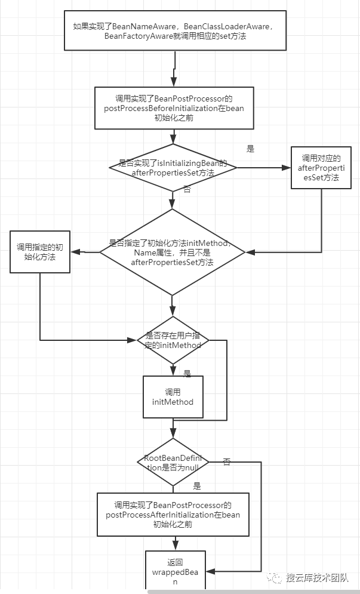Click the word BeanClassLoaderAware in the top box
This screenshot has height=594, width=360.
pyautogui.click(x=216, y=26)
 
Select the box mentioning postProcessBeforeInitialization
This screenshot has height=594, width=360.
pyautogui.click(x=174, y=108)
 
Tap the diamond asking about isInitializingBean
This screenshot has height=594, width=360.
pyautogui.click(x=173, y=168)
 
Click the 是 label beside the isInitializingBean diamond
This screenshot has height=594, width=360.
pyautogui.click(x=251, y=149)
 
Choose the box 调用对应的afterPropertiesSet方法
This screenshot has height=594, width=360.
pyautogui.click(x=321, y=168)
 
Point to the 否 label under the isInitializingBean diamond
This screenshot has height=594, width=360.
pyautogui.click(x=187, y=189)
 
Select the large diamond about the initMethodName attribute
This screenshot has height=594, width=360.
pyautogui.click(x=172, y=253)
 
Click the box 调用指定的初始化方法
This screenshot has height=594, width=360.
pyautogui.click(x=40, y=253)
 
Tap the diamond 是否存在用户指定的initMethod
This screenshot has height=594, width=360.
pyautogui.click(x=173, y=340)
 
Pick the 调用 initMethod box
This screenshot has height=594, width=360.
pyautogui.click(x=173, y=397)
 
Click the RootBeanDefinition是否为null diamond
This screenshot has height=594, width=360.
pyautogui.click(x=173, y=462)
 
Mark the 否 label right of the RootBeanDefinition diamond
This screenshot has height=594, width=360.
pyautogui.click(x=227, y=461)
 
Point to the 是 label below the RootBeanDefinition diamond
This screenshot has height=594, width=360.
pyautogui.click(x=197, y=486)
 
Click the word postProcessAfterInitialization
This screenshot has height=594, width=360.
pyautogui.click(x=159, y=514)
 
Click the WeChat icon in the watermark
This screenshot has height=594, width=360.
pyautogui.click(x=275, y=578)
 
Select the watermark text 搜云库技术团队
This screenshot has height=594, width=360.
pyautogui.click(x=317, y=578)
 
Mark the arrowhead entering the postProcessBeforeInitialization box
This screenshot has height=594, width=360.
pyautogui.click(x=174, y=83)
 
